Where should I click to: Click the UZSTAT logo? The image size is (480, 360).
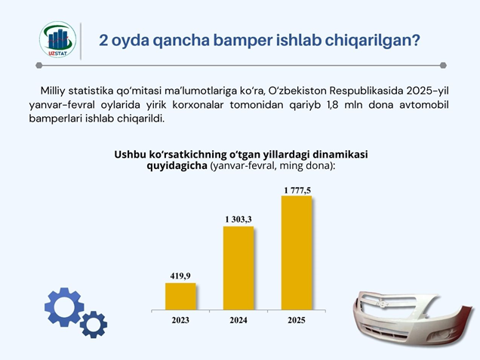point(57,40)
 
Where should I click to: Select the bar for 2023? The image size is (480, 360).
point(180,297)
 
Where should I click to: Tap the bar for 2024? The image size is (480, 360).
point(238,268)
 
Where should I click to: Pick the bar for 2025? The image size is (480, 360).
point(297,253)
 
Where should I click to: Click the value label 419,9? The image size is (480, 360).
point(180,276)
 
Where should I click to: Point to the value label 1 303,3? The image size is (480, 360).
point(238,219)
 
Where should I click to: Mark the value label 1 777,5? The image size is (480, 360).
point(297,190)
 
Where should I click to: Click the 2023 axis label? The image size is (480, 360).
point(180,320)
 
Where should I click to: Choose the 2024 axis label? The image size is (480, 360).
point(238,320)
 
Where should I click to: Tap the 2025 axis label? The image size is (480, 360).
point(297,320)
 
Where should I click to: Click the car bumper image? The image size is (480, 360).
point(413,318)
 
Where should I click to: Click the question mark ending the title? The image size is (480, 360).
point(415,40)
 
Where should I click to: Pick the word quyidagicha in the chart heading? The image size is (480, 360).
point(177,166)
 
